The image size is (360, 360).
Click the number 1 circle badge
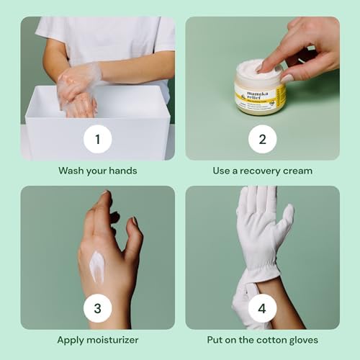point(97,139)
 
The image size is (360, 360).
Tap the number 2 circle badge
point(263,139)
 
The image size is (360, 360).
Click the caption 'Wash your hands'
point(97,171)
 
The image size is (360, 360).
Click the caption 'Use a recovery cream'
point(263,171)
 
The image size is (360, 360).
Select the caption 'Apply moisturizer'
point(97,340)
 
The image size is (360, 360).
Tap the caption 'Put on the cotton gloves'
point(263,340)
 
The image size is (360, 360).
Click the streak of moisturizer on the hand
point(96,266)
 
